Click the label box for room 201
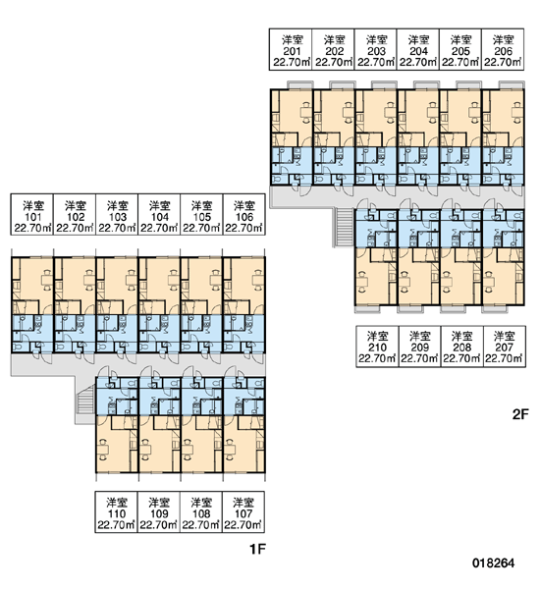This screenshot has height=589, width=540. pos(291,49)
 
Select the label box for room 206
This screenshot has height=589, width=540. pos(503,49)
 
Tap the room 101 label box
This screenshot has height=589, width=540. pos(32,215)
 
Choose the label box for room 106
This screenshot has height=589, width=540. pos(244,215)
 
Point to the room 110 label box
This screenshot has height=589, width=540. pos(116,512)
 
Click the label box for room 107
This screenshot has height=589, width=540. pos(243,512)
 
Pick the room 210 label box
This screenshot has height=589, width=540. pos(377,347)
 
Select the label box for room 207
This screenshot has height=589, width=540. pos(505,347)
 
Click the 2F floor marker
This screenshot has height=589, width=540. pos(520,414)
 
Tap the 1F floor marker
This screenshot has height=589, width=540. pos(258,549)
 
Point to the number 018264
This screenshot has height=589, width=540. pos(494,563)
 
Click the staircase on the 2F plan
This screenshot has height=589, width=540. pos(344,228)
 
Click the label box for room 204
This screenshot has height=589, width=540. pos(418,49)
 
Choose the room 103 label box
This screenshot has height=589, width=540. pos(117,215)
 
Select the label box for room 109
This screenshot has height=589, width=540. pos(159,512)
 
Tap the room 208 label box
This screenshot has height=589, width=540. pos(461,347)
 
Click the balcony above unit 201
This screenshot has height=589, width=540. pos(299,84)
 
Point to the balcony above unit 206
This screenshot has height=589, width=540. pos(512,84)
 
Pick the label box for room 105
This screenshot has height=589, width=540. pos(202,215)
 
